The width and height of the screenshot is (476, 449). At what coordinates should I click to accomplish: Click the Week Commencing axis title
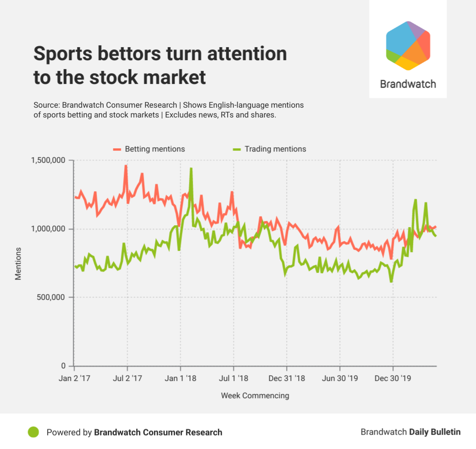255,395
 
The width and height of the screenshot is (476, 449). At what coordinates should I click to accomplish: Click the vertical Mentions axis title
18,263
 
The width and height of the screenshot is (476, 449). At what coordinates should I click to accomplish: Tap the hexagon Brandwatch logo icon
408,45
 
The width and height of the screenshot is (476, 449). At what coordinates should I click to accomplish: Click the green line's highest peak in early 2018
191,168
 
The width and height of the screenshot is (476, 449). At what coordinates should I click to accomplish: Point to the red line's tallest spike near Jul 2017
126,166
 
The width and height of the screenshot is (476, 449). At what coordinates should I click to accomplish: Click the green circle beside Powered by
33,432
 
